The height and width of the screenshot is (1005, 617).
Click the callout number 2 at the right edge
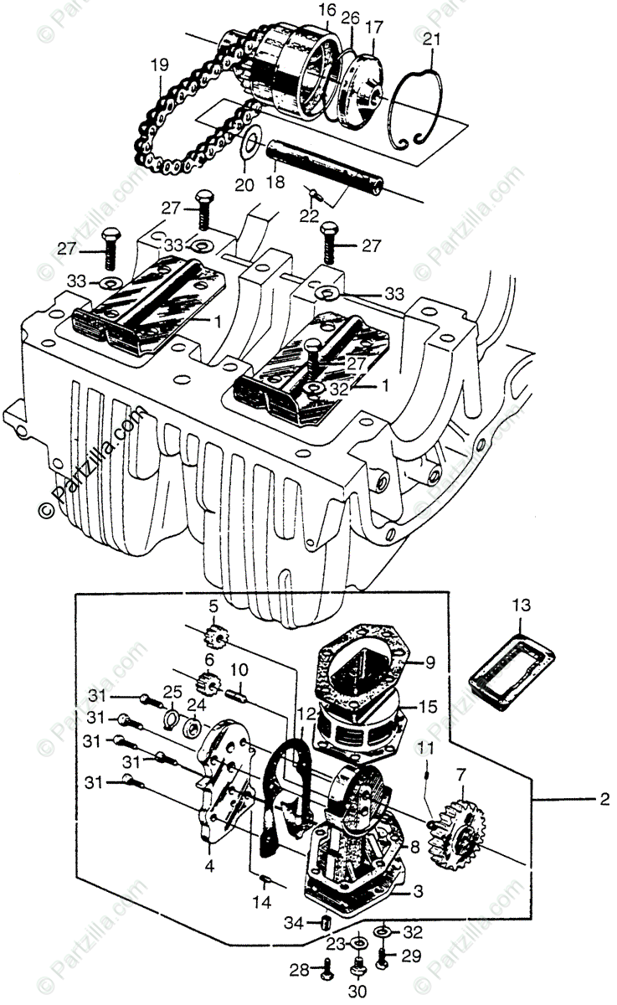click(x=603, y=800)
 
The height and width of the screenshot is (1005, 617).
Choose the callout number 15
click(x=428, y=708)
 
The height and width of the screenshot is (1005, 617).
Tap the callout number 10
click(x=239, y=670)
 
